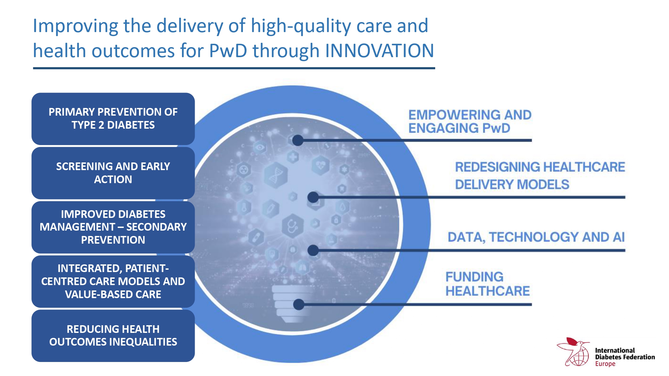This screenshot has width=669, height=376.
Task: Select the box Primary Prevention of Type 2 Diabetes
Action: [x=113, y=119]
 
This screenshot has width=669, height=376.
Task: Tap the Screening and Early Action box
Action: [x=113, y=173]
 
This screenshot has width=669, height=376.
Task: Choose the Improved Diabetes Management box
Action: [x=113, y=227]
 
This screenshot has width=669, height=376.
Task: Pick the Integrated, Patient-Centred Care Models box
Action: [x=113, y=281]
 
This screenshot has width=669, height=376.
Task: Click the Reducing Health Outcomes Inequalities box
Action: [x=113, y=336]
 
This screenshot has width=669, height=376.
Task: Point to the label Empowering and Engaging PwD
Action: [x=470, y=121]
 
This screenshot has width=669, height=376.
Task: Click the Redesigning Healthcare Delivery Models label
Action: [x=540, y=175]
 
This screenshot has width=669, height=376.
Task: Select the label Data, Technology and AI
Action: [x=536, y=237]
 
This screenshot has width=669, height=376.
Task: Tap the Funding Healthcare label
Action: [x=487, y=284]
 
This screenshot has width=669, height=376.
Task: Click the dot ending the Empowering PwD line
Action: [x=298, y=140]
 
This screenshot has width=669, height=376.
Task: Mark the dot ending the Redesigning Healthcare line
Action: [x=313, y=197]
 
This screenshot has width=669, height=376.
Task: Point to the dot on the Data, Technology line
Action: [x=313, y=250]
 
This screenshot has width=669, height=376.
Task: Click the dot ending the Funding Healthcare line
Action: [x=299, y=304]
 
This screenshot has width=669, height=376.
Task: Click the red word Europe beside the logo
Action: [x=605, y=364]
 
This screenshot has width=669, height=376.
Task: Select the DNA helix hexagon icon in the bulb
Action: [x=276, y=175]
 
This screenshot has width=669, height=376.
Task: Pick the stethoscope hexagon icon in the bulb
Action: [x=292, y=226]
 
